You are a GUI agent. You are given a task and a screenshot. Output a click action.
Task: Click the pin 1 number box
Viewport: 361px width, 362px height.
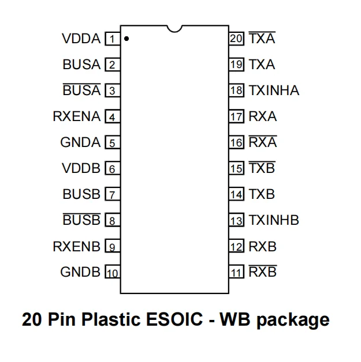[111, 39]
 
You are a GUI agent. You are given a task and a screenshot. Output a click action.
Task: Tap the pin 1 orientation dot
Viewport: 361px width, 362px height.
[126, 40]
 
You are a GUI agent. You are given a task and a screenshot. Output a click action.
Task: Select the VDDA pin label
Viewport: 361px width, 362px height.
[81, 39]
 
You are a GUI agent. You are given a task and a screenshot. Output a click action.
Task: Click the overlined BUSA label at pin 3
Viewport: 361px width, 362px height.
[81, 90]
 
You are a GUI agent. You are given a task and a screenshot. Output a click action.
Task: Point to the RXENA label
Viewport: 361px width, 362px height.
[77, 116]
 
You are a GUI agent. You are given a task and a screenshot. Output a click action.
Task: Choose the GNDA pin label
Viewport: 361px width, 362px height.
[80, 142]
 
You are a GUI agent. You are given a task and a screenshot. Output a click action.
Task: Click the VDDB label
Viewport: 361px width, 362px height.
[81, 168]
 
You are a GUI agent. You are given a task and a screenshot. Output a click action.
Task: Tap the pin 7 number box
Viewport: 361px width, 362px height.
[111, 194]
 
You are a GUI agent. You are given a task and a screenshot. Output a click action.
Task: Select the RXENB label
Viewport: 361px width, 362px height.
[77, 246]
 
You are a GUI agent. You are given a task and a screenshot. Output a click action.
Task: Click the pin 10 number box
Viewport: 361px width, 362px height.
[111, 272]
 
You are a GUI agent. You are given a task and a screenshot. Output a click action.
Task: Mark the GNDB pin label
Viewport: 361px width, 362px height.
[80, 272]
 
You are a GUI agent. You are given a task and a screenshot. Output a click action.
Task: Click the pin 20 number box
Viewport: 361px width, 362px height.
[236, 39]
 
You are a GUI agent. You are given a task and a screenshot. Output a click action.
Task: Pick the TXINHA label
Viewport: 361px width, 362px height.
[274, 90]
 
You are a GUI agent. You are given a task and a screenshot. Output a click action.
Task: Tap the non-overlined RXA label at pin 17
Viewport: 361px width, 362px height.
[263, 116]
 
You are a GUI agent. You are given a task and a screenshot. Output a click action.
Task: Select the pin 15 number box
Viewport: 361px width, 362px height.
[236, 168]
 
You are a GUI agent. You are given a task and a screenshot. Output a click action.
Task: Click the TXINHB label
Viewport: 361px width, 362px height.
[274, 220]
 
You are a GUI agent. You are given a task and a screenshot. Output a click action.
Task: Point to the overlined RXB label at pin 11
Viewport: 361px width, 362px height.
[263, 272]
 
